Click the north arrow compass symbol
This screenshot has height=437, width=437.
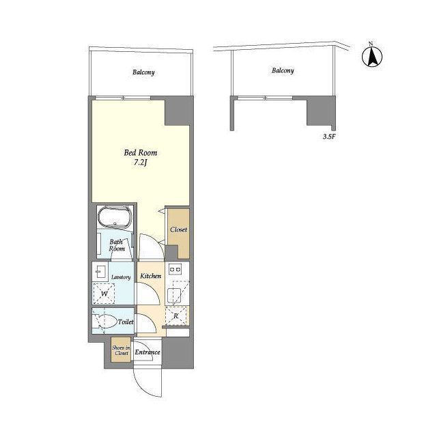point(372,57)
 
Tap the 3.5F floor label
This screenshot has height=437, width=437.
point(328,137)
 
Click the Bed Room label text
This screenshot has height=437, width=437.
point(141,153)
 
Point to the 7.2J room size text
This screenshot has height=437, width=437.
point(140,163)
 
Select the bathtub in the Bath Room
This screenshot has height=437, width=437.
point(115,217)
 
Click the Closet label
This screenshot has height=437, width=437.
point(178,229)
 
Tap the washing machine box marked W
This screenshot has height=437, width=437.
point(104,294)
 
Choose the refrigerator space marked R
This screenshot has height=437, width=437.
point(176,315)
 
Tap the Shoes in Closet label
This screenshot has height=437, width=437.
point(122,350)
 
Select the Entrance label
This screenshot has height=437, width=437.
point(147,352)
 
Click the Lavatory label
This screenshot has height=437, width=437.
point(121,277)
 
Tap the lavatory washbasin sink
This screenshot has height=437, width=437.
point(100,271)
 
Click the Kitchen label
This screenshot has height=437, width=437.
point(150,276)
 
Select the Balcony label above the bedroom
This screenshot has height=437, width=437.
point(143,72)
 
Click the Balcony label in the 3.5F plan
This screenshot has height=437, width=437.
point(283,70)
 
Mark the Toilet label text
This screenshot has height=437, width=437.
point(126,322)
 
